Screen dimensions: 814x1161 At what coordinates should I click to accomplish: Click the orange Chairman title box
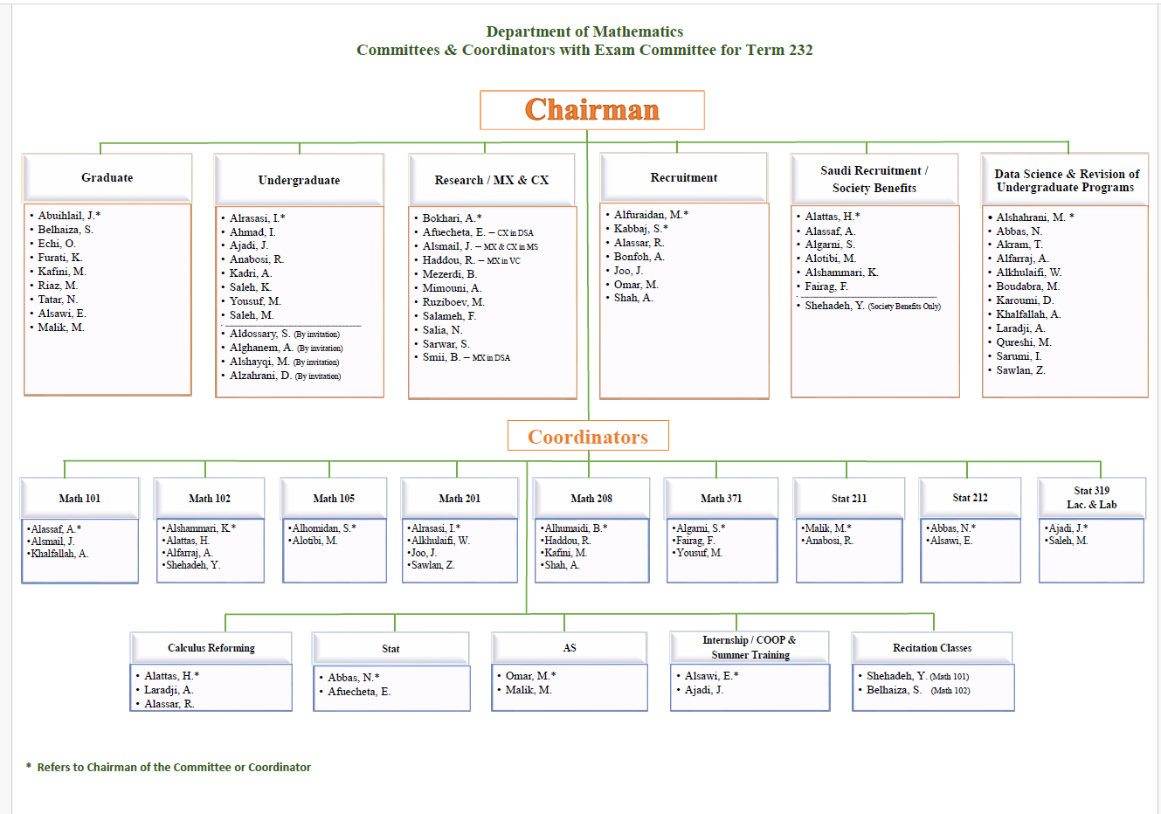pos(591,110)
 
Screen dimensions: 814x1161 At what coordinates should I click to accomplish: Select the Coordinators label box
pos(588,436)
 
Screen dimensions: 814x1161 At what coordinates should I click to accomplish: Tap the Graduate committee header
pos(107,177)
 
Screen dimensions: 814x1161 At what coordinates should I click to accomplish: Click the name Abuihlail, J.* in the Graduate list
pos(69,216)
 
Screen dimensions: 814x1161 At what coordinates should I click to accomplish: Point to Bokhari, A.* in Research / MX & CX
pos(452,218)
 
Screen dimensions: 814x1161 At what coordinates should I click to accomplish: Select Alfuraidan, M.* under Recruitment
pos(651,215)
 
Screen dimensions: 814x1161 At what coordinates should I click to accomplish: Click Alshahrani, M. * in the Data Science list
pos(1035,217)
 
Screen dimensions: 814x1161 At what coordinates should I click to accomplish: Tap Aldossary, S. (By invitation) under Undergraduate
pos(284,334)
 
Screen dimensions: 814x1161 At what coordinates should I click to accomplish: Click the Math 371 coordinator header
pos(721,499)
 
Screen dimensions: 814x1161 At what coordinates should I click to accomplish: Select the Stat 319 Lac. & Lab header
pos(1091,498)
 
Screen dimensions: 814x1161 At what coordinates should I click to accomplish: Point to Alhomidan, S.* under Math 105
pos(324,528)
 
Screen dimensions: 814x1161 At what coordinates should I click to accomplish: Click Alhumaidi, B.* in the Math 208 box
pos(575,528)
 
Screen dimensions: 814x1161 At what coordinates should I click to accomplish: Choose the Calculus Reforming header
pos(211,648)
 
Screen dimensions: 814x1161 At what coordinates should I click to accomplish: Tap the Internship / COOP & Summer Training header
pos(750,647)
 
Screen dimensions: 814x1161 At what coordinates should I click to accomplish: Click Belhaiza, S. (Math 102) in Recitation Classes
pos(917,690)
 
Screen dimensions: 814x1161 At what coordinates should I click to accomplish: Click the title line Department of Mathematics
pos(584,32)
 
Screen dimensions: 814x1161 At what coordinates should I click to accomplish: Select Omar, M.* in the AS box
pos(530,676)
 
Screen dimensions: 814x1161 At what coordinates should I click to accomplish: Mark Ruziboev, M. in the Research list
pos(453,302)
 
